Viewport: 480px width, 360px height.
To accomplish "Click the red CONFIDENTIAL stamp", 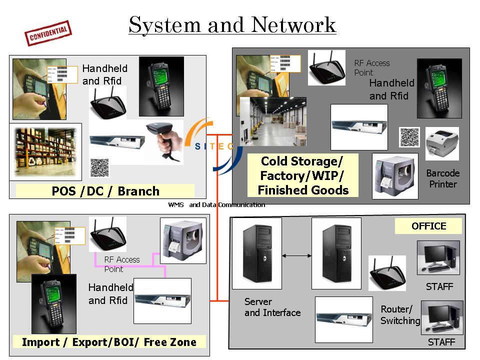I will click(48, 33).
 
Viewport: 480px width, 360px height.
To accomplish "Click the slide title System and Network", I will click(232, 24).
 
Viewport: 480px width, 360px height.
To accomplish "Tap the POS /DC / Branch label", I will click(105, 191).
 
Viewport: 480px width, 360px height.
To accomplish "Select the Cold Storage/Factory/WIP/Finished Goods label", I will click(302, 175).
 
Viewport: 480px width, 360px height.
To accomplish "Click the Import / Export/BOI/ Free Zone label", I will click(109, 342).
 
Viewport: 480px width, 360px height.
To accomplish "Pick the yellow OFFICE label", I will click(428, 226).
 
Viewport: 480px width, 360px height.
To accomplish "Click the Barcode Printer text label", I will click(442, 178).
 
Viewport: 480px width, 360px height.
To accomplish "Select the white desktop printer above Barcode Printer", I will click(441, 143).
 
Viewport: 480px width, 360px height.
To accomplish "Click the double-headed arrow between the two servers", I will click(296, 256).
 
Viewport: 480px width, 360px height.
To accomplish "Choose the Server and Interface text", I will click(272, 307).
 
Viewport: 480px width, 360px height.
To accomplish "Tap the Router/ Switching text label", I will click(400, 315).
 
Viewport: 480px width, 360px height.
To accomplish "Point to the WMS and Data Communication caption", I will click(216, 204).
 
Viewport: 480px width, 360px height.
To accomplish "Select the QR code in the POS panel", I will click(99, 167).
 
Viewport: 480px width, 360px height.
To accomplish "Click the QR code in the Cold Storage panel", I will click(409, 137).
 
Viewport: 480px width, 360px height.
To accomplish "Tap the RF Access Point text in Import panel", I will click(121, 264).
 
